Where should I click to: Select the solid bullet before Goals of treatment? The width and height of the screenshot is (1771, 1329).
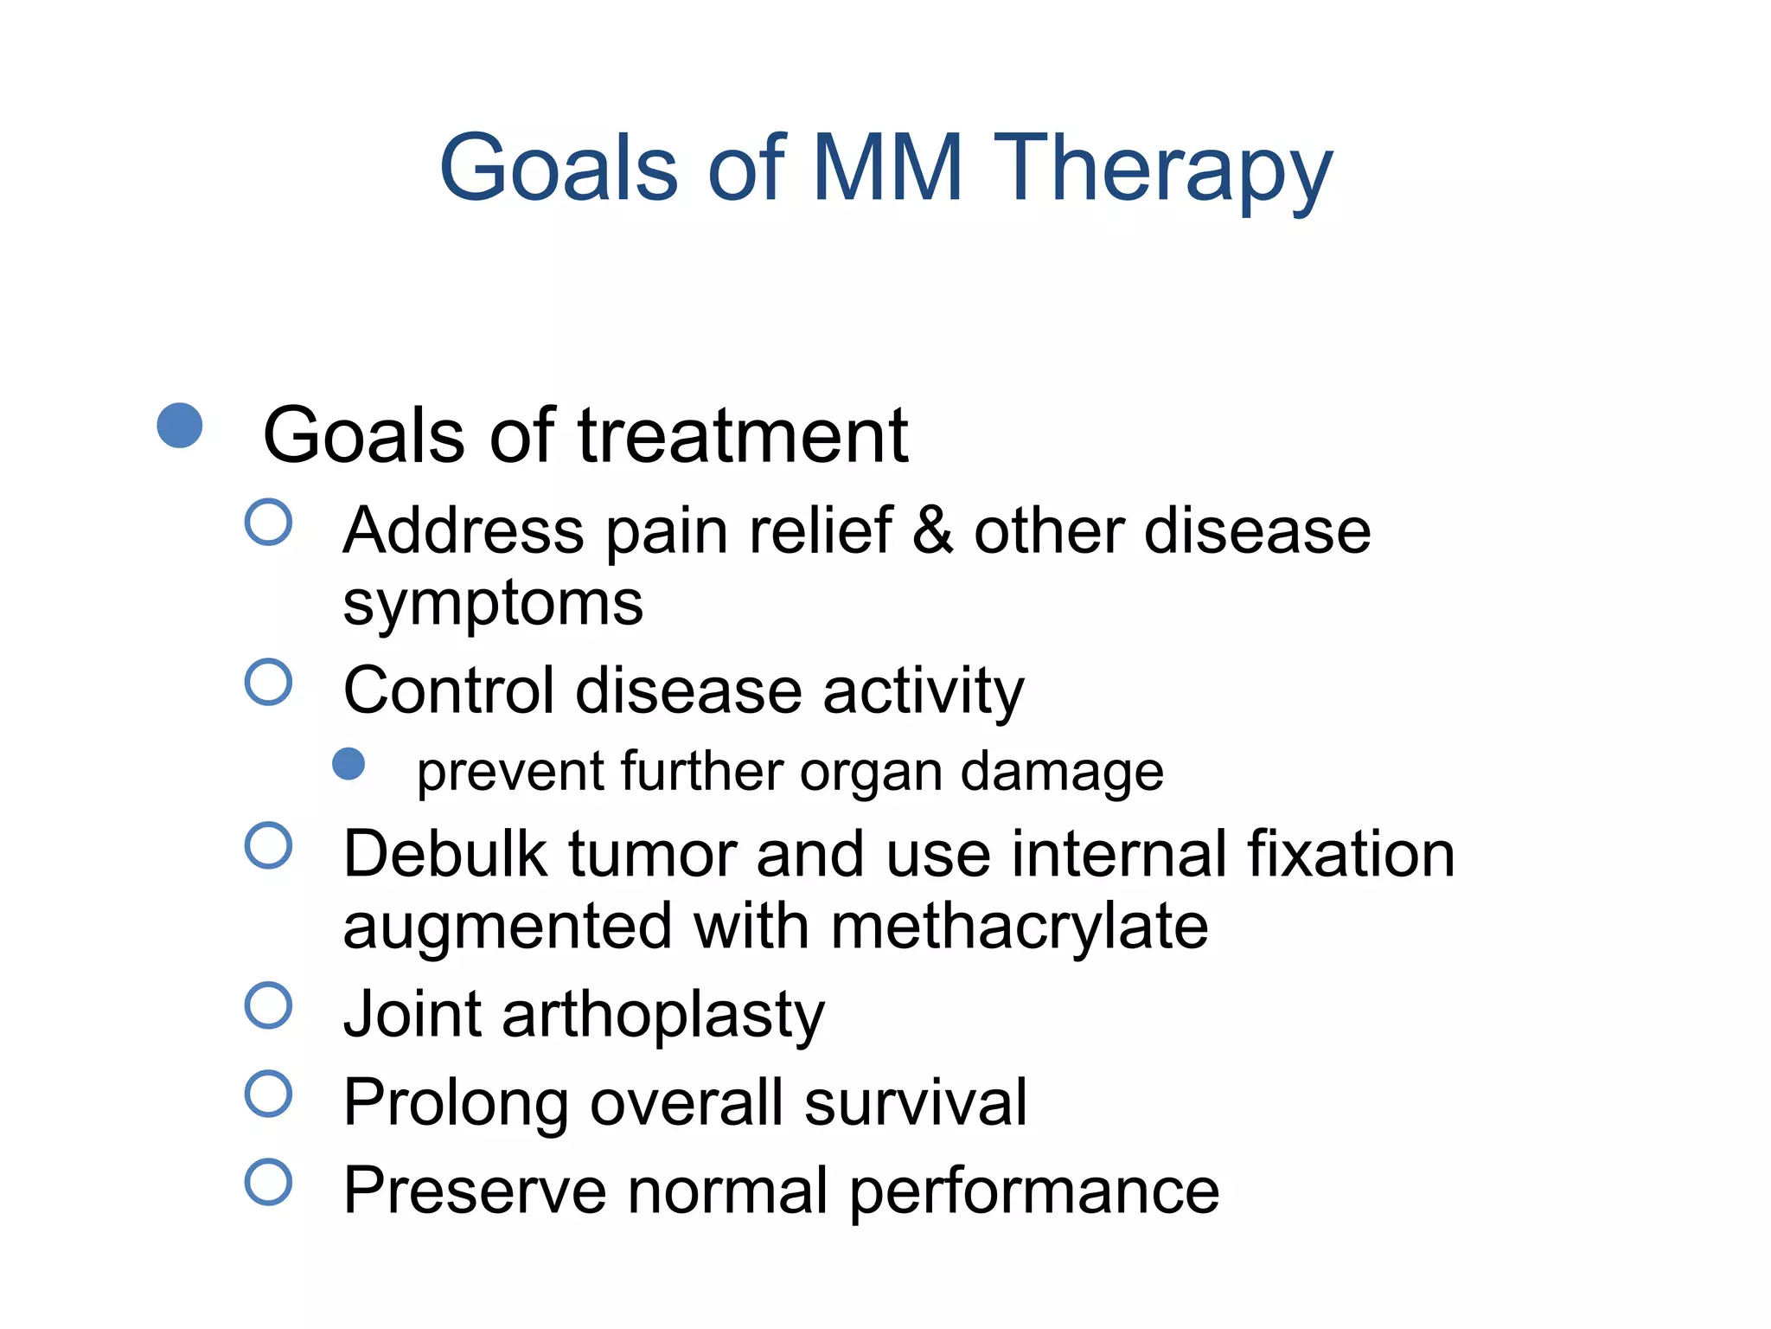point(180,426)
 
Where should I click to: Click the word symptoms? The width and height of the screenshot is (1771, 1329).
point(493,604)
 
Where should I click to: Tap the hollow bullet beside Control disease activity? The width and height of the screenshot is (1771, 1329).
point(268,682)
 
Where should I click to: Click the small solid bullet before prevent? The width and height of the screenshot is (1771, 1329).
point(348,764)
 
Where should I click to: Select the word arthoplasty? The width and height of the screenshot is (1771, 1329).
point(663,1015)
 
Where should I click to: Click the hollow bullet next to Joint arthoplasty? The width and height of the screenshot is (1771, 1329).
point(268,1005)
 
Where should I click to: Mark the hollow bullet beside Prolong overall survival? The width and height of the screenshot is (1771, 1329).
point(268,1094)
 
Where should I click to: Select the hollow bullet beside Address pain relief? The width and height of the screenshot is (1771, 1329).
point(268,522)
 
